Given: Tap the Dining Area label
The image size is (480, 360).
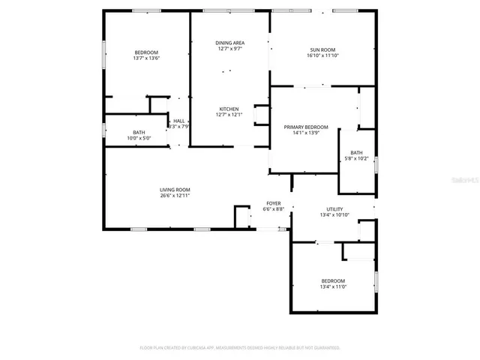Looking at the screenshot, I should [x=231, y=43].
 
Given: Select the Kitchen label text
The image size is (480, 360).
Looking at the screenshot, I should [x=229, y=109].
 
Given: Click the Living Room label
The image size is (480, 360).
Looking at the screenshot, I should [x=175, y=190].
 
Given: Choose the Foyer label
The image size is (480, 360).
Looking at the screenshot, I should [x=274, y=203].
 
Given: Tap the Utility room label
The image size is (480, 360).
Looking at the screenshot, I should [x=334, y=209].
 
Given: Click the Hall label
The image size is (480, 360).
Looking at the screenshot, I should [x=178, y=121].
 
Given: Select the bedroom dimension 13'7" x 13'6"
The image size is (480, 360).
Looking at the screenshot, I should [x=146, y=58].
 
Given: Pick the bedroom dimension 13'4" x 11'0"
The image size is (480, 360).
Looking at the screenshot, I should [x=334, y=286].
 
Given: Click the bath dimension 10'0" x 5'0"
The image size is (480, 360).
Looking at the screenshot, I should [x=139, y=138].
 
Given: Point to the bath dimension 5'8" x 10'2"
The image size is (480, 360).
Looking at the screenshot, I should [x=357, y=158].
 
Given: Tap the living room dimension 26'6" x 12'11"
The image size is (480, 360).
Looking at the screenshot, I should [x=175, y=196].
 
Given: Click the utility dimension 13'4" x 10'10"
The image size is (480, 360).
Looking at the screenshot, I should [x=334, y=215].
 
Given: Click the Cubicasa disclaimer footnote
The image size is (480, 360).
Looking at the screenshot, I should [x=240, y=348].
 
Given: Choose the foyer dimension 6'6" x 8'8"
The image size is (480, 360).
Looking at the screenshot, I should [x=274, y=209].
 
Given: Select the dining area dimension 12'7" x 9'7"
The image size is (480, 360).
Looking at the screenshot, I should [x=231, y=49].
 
